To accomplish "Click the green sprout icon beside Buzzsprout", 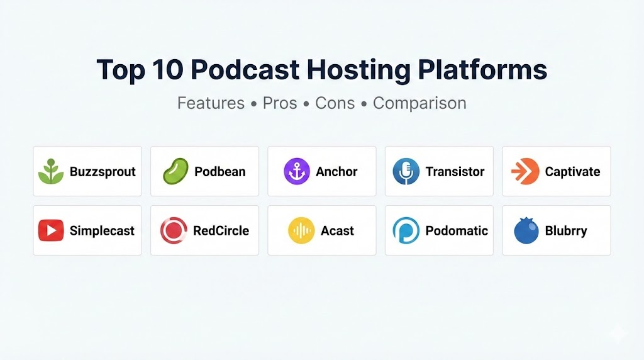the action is tap(51, 171).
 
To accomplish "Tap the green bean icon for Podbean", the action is tap(176, 171).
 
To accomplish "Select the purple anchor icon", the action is tap(297, 171).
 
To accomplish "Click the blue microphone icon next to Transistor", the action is tap(406, 171).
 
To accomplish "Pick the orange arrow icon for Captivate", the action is tap(525, 171).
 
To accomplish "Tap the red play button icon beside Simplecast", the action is tap(51, 230).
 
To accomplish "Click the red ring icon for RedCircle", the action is tap(174, 230).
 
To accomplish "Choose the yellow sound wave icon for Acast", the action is tap(301, 230).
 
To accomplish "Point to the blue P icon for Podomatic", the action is tap(406, 230).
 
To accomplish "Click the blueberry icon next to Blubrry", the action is tap(526, 230).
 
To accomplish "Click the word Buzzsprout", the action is tap(103, 172).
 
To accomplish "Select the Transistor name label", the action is tap(455, 171).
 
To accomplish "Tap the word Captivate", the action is tap(572, 172).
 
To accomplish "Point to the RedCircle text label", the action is tap(221, 230).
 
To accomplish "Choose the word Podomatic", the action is tap(457, 230).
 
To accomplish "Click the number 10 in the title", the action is tap(167, 69).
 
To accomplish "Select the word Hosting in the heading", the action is tap(358, 70).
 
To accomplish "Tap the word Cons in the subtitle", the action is tap(335, 103).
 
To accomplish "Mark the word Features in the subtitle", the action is tap(211, 103).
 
